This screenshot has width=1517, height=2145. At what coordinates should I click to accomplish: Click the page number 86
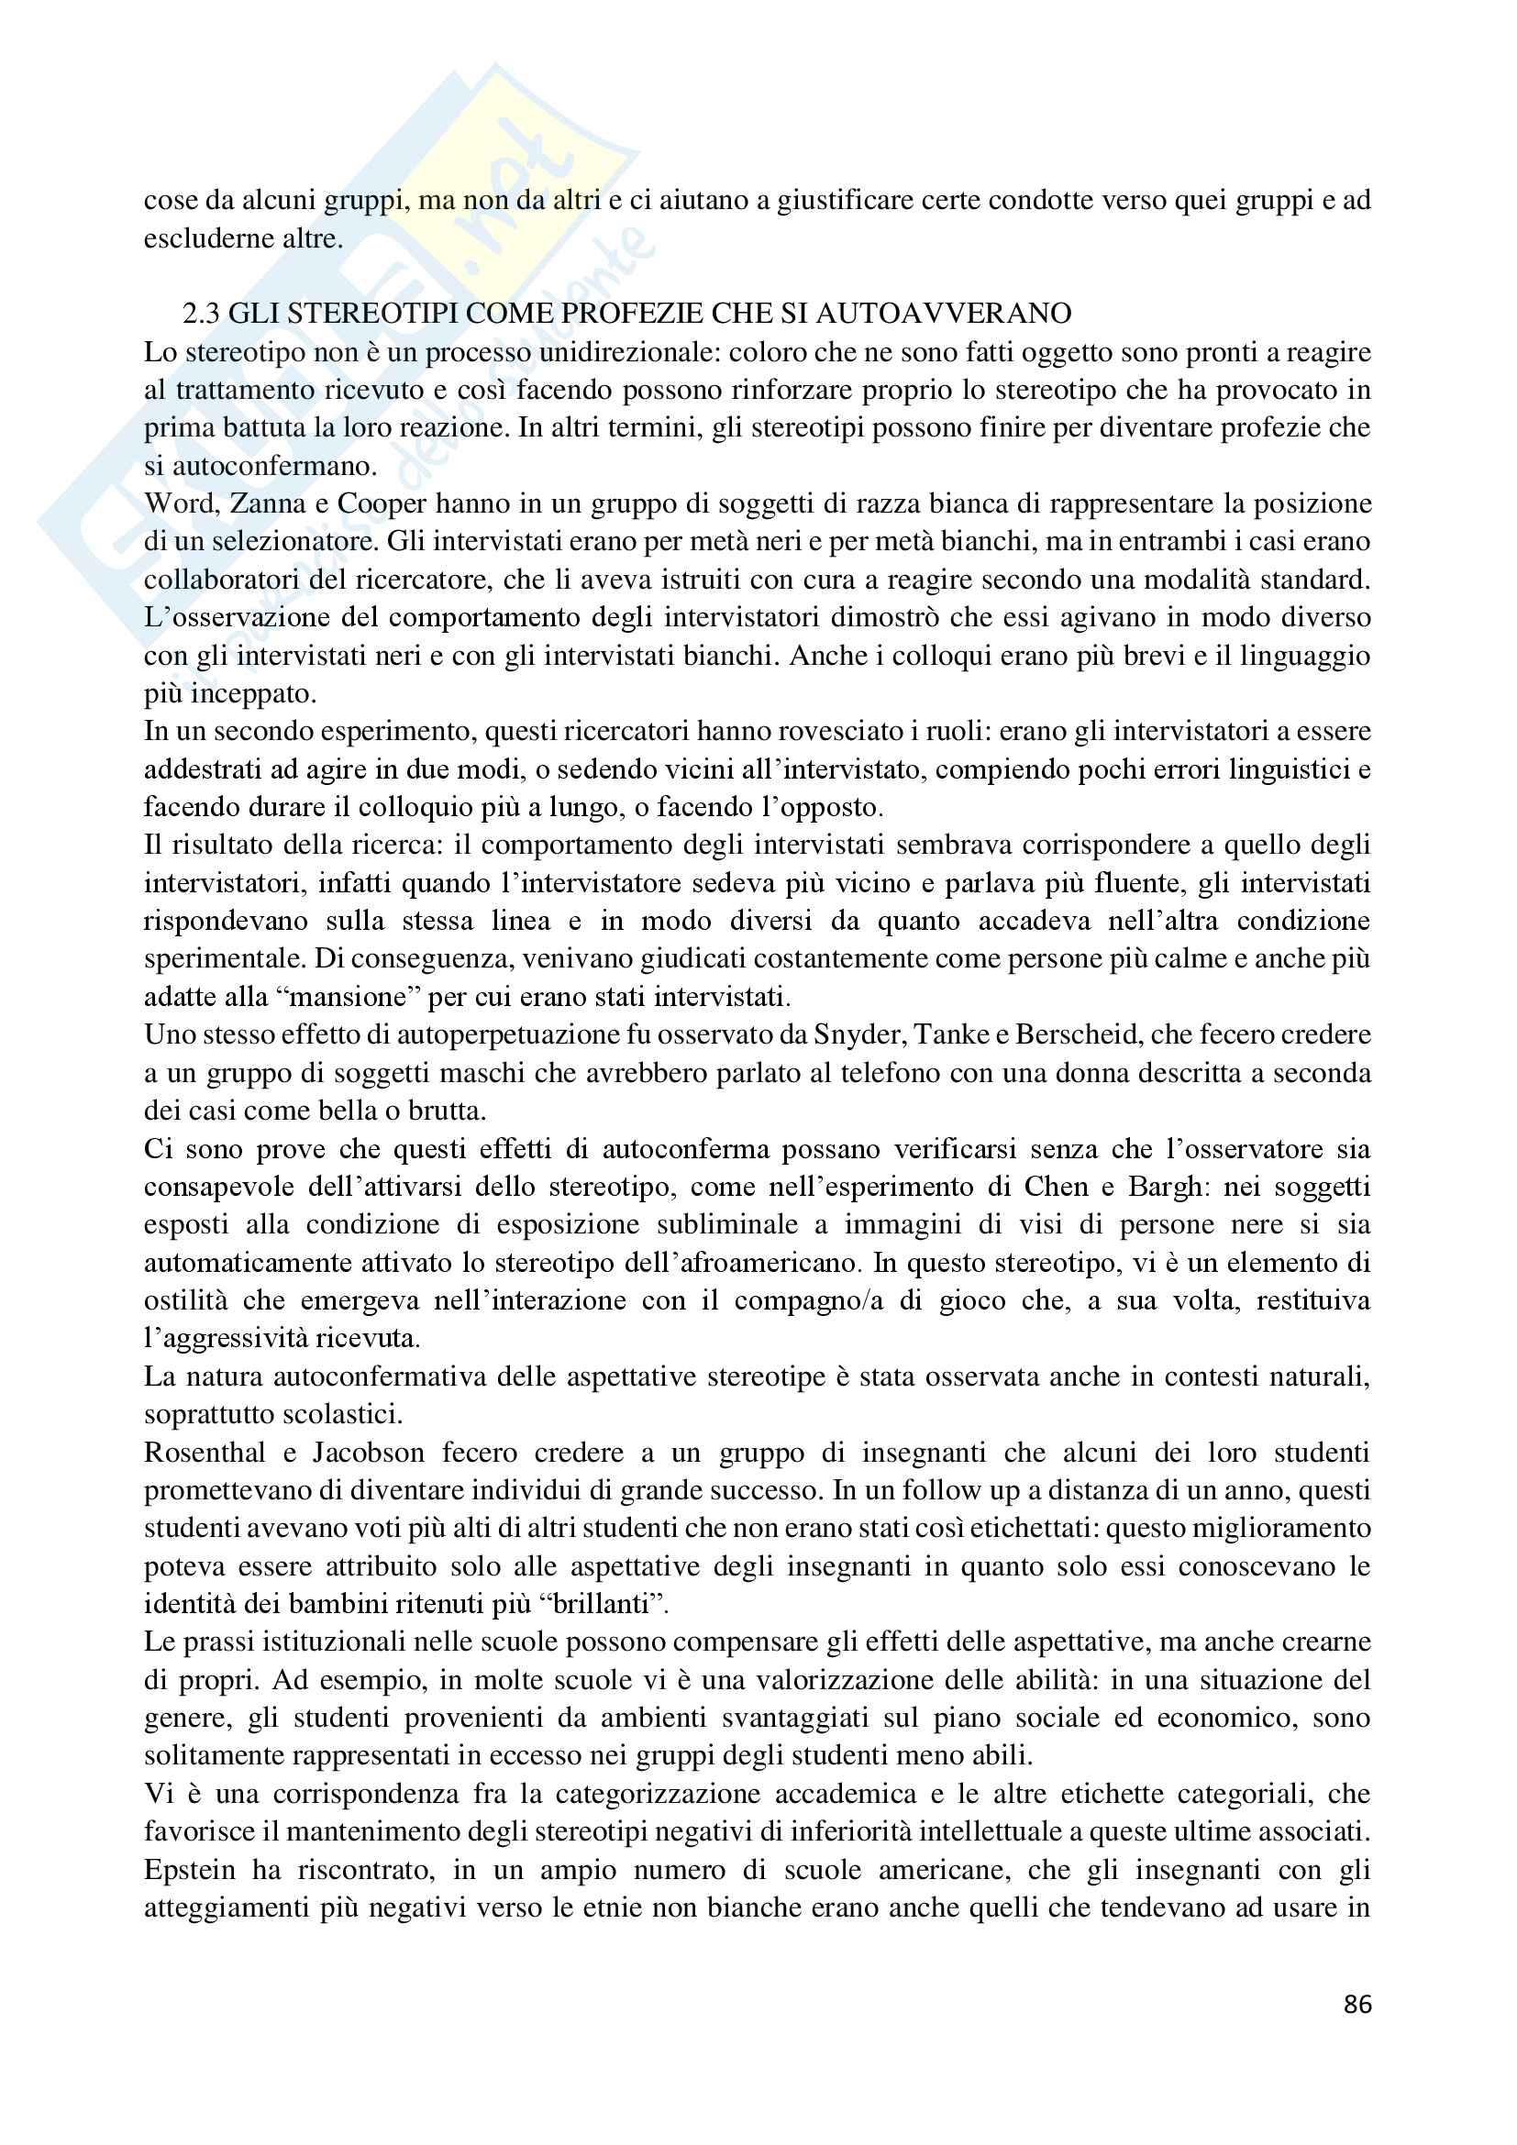pos(1357,2005)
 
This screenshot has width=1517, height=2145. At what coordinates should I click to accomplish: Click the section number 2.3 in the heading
pos(201,313)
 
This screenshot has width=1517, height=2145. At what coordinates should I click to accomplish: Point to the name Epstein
pos(190,1870)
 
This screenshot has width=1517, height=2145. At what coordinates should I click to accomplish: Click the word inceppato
pos(253,693)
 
